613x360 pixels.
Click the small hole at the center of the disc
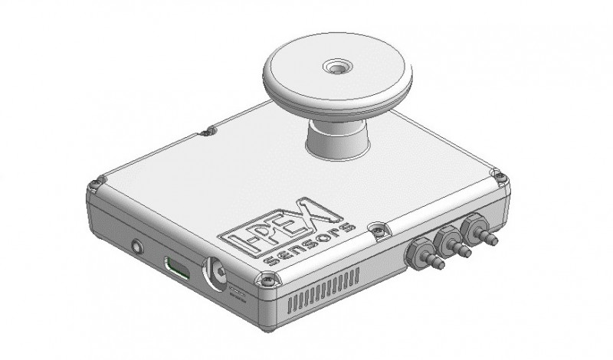tap(336, 67)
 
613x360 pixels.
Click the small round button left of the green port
tap(137, 247)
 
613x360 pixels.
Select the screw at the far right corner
tap(500, 176)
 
